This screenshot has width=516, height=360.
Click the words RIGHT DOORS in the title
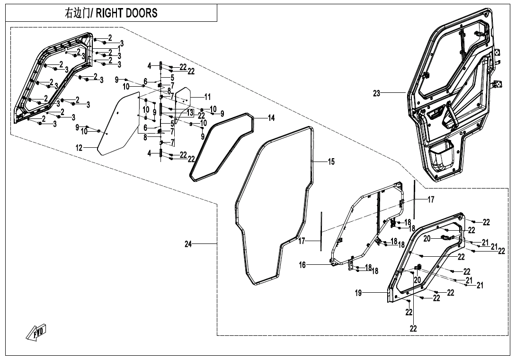(127, 13)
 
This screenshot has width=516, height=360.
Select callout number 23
(376, 94)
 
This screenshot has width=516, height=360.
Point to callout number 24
(189, 244)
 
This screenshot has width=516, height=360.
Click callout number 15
(331, 162)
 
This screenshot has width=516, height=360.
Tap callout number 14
(271, 118)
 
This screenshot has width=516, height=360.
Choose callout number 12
(79, 148)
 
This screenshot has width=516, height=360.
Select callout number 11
(207, 97)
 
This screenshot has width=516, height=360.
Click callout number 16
(302, 265)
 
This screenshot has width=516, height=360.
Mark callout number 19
(358, 293)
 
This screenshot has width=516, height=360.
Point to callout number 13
(190, 113)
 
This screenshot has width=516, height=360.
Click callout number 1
(119, 48)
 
